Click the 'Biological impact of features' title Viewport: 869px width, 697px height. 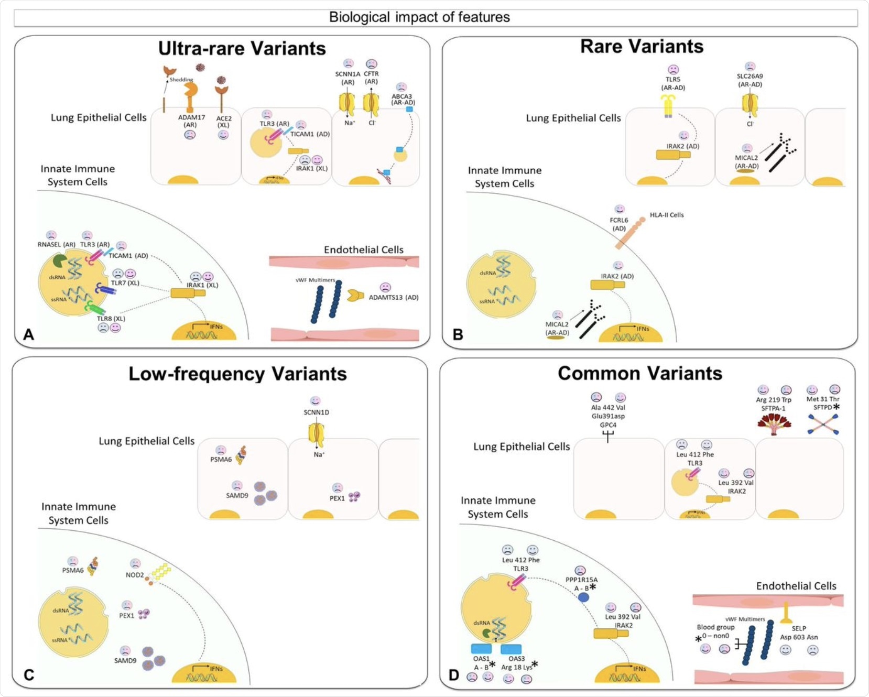pos(419,17)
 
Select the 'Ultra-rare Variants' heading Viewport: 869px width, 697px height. pos(242,48)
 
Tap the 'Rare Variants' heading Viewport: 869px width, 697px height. pos(642,46)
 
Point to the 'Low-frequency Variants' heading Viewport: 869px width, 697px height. pos(237,374)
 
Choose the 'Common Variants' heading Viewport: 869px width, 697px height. pos(639,373)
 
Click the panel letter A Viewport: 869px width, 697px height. pos(29,334)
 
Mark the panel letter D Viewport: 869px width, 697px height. pos(454,675)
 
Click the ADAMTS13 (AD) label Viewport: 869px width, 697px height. pos(393,297)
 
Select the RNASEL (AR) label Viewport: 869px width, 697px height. pos(56,244)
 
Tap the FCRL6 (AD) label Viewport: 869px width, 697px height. pos(619,224)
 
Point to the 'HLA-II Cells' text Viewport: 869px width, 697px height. pos(667,215)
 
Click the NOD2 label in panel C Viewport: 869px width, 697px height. pos(135,575)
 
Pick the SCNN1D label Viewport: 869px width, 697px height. pos(316,412)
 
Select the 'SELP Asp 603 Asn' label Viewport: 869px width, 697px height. pos(799,633)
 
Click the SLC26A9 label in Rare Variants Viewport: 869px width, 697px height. pos(749,80)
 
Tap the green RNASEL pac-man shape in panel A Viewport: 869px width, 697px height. pos(60,260)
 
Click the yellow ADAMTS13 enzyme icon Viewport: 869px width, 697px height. pos(355,296)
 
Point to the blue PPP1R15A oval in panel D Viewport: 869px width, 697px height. pos(583,597)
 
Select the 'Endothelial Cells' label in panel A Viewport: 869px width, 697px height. pos(363,249)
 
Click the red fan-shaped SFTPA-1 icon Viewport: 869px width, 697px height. pos(774,423)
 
